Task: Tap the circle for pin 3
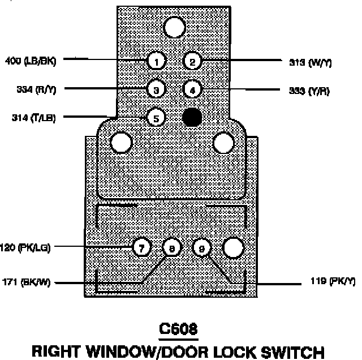coord(156,89)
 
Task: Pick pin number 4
coord(192,89)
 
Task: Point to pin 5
coord(156,118)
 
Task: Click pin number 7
coord(141,247)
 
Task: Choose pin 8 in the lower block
coord(171,247)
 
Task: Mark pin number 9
coord(202,247)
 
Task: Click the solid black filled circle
coord(192,117)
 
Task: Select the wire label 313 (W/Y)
coord(309,62)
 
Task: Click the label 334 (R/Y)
coord(32,89)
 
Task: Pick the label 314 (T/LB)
coord(33,118)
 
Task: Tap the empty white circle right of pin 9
coord(233,247)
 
